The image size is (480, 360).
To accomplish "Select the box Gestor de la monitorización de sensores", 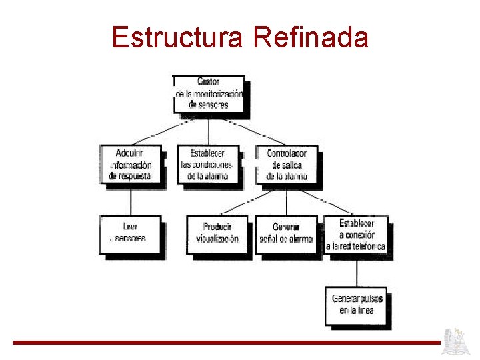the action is click(209, 93).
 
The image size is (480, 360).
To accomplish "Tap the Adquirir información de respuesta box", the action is click(131, 164).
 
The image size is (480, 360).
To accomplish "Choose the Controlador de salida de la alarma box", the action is click(287, 164).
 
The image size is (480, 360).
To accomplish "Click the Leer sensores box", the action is click(131, 233).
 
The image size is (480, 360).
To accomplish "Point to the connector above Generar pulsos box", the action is click(357, 272).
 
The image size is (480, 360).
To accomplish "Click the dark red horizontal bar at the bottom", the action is click(227, 343).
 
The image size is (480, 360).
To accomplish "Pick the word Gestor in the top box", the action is click(208, 81).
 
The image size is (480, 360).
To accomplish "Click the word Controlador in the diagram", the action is click(287, 153).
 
